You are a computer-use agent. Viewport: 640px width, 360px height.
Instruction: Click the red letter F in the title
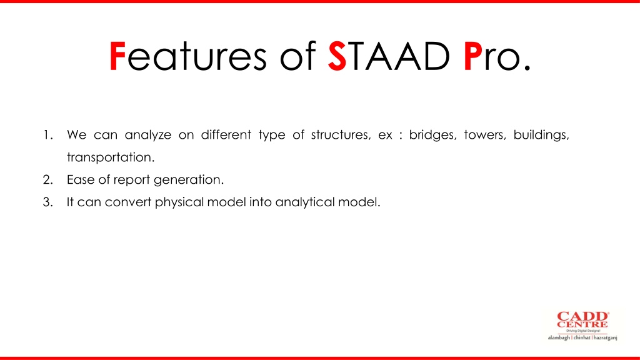[x=117, y=56]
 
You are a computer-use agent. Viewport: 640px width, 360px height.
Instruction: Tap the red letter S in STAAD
[x=337, y=56]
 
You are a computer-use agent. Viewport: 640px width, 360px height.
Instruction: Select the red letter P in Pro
[x=472, y=56]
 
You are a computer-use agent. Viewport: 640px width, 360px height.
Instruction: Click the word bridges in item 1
[x=432, y=135]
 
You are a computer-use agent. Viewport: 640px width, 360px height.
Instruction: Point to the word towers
[x=485, y=135]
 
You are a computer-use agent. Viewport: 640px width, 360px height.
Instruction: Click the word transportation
[x=111, y=157]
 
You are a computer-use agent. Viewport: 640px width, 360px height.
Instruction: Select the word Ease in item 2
[x=81, y=179]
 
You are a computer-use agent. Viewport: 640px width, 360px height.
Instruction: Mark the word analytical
[x=305, y=202]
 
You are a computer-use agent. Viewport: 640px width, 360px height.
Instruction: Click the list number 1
[x=48, y=135]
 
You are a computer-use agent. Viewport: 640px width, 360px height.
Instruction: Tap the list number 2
[x=47, y=179]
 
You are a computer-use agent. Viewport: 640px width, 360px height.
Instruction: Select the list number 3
[x=47, y=202]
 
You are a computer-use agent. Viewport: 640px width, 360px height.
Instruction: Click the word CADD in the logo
[x=582, y=317]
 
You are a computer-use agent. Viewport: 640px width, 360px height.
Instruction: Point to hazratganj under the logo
[x=605, y=338]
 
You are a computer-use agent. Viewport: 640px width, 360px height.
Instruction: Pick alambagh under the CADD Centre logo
[x=559, y=338]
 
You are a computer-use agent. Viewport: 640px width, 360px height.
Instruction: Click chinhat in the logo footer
[x=582, y=337]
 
